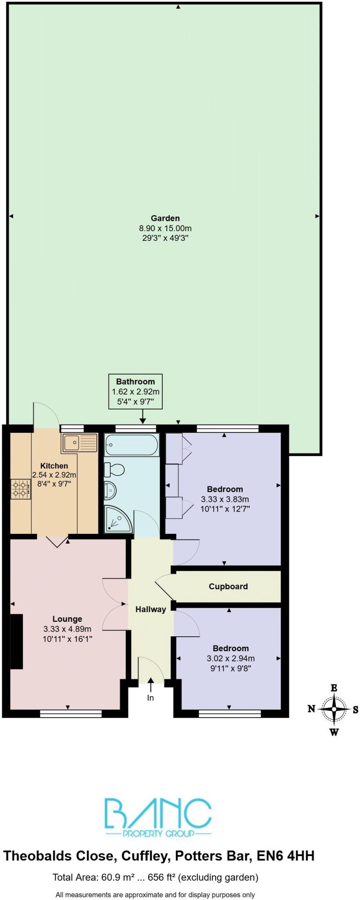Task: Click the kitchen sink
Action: (79, 443)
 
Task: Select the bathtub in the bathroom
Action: (131, 445)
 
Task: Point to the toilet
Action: (114, 470)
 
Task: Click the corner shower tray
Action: (117, 519)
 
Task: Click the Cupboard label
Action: (228, 586)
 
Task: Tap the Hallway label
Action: (151, 609)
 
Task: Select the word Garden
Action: (165, 218)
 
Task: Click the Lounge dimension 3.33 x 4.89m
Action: (67, 629)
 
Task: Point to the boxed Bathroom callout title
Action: (135, 381)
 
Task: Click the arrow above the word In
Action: (151, 682)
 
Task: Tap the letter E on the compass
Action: (334, 688)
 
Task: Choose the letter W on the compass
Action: (334, 732)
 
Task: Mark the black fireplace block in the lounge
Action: (17, 642)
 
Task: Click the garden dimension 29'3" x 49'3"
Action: (165, 238)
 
